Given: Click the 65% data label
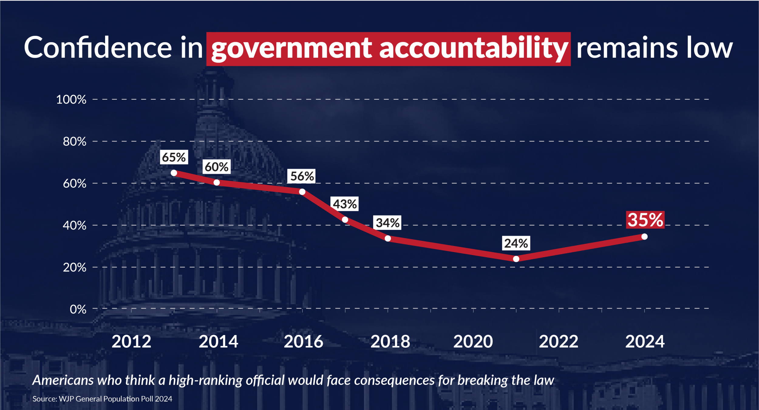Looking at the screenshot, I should coord(174,157).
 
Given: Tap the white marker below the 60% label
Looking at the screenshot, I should coord(216,183).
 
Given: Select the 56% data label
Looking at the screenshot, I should coord(302,176).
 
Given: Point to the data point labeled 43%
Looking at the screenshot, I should coord(345,220).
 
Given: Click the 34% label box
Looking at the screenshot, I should coord(387,223).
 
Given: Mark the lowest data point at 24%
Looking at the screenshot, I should coord(516,259).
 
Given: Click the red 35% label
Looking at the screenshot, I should coord(645,220).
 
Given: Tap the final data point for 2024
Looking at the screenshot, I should coord(645,237).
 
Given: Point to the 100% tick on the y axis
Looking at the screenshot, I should coord(71,100).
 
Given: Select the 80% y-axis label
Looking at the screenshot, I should coord(74,142).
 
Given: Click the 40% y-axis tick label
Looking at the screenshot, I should coord(74,226).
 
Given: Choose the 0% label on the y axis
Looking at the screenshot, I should coord(78,309).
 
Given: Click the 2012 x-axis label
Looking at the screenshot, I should coord(131,342).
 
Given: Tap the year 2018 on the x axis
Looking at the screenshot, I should coord(390,342).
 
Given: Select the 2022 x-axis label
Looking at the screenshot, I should coord(559,342).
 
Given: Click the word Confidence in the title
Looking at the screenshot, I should coord(98,48).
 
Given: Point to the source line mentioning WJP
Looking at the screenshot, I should coord(102,399).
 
